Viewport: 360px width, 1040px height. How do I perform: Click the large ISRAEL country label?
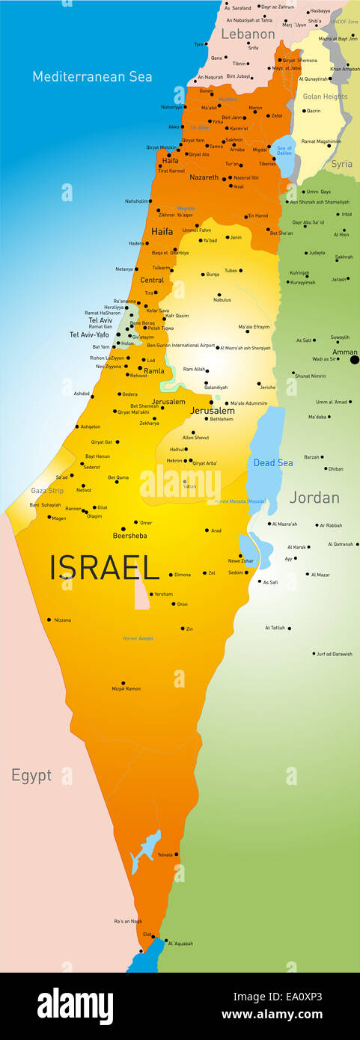[104, 568]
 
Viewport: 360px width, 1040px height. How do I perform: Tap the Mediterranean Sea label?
[92, 76]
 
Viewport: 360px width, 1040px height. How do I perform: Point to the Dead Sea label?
[273, 463]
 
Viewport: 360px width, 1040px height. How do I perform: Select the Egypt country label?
[31, 775]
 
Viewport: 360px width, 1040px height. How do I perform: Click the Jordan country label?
[314, 498]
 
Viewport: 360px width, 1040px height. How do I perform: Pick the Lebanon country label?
[248, 34]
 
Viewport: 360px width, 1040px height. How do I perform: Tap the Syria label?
[342, 164]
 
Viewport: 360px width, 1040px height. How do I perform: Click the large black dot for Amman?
[355, 360]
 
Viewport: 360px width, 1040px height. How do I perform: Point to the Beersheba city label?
[129, 536]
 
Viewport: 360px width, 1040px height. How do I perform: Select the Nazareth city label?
[204, 177]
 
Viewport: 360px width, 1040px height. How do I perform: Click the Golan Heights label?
[325, 97]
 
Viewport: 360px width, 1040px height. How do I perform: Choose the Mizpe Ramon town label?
[126, 688]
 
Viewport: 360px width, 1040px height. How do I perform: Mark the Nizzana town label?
[62, 620]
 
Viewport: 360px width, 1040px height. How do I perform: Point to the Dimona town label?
[183, 575]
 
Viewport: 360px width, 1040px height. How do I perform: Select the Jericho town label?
[267, 388]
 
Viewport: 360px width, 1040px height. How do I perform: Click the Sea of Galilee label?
[284, 150]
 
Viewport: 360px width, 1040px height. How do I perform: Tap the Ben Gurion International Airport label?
[180, 346]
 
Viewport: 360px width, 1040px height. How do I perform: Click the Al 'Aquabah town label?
[180, 943]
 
